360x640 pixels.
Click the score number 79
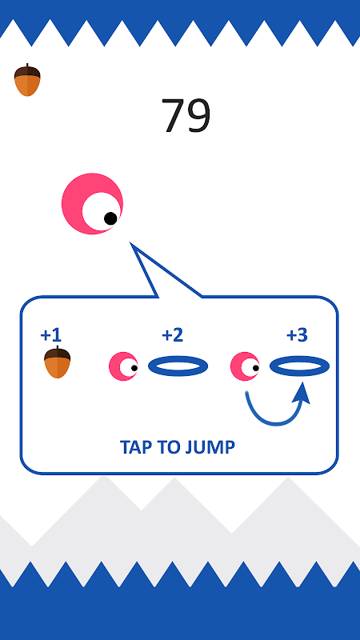[186, 115]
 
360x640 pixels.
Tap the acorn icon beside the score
[27, 80]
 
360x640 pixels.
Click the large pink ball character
[92, 204]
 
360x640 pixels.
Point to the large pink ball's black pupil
[110, 218]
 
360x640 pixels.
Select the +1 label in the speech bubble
[50, 335]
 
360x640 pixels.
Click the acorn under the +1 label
[57, 362]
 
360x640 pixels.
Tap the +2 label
[172, 335]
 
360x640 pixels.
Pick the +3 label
[297, 335]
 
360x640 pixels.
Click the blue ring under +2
[178, 358]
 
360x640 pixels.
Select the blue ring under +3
[299, 358]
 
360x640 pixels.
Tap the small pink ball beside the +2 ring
[123, 366]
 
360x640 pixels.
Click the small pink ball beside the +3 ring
[245, 366]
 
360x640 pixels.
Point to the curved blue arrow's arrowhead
[302, 392]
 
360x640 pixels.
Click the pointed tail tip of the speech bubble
[130, 243]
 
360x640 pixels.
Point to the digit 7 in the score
[173, 116]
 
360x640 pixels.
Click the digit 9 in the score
[199, 115]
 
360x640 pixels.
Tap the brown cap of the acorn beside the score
[27, 71]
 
